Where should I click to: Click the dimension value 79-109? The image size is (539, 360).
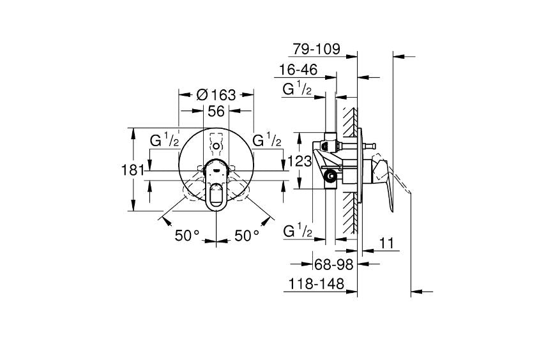tap(315, 49)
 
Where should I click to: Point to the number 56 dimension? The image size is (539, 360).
tap(216, 110)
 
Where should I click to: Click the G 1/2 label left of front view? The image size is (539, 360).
tap(164, 140)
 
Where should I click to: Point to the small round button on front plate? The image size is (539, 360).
tap(216, 146)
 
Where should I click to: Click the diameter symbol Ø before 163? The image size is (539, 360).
tap(201, 94)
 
